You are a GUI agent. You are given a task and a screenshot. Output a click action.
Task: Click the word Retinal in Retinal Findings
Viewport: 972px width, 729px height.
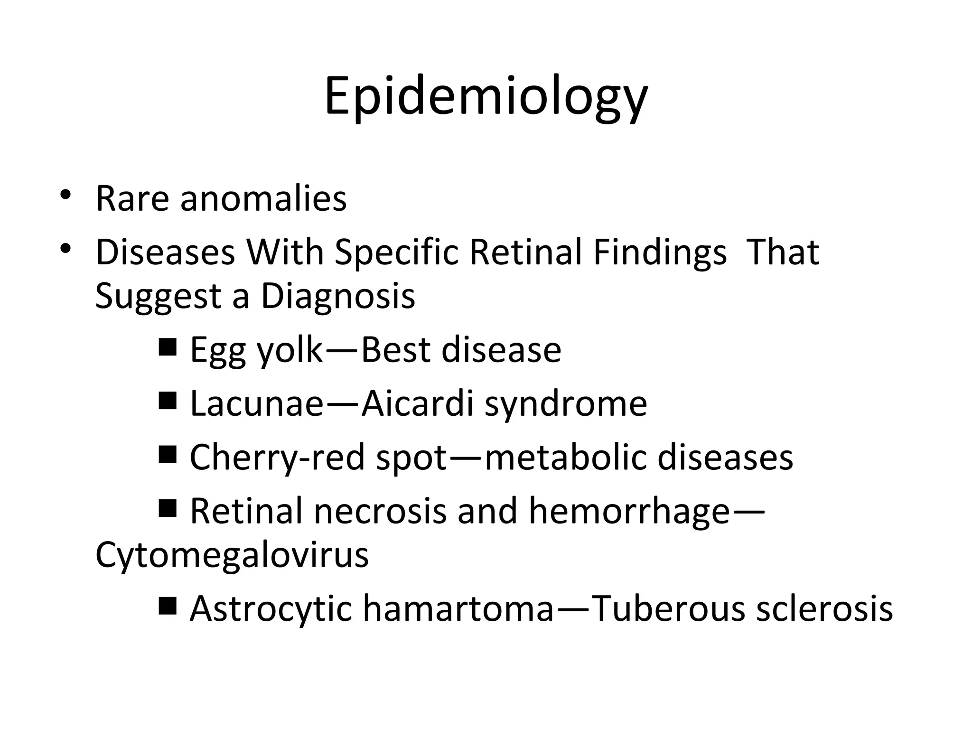click(x=525, y=252)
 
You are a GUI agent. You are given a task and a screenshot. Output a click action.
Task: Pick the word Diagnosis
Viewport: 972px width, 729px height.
click(x=338, y=296)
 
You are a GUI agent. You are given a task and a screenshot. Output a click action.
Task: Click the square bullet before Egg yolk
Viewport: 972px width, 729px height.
click(x=168, y=348)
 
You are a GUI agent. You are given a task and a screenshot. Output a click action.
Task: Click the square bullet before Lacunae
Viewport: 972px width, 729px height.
click(x=168, y=402)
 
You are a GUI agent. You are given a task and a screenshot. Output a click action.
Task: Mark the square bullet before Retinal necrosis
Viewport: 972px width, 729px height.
click(x=168, y=509)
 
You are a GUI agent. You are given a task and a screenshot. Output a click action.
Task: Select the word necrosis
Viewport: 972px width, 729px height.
click(x=380, y=512)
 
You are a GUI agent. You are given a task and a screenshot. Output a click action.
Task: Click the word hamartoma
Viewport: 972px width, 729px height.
click(x=458, y=608)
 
